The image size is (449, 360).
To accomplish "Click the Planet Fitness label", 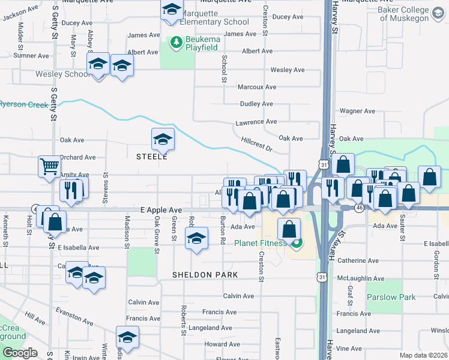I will [262, 243].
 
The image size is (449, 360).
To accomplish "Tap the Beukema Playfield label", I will [202, 40].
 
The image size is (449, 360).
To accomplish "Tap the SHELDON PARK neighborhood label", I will [205, 275].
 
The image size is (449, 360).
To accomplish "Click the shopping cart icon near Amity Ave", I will [49, 166].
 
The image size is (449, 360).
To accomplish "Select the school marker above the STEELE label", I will [163, 139].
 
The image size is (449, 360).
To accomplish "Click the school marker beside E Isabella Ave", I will [196, 239].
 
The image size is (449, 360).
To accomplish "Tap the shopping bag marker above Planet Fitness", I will [289, 228].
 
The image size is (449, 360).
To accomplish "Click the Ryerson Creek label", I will [23, 104].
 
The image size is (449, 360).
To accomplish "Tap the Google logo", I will [20, 353].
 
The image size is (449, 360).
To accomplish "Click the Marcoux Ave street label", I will [256, 87].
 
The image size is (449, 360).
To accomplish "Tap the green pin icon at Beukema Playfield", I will [176, 41].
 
